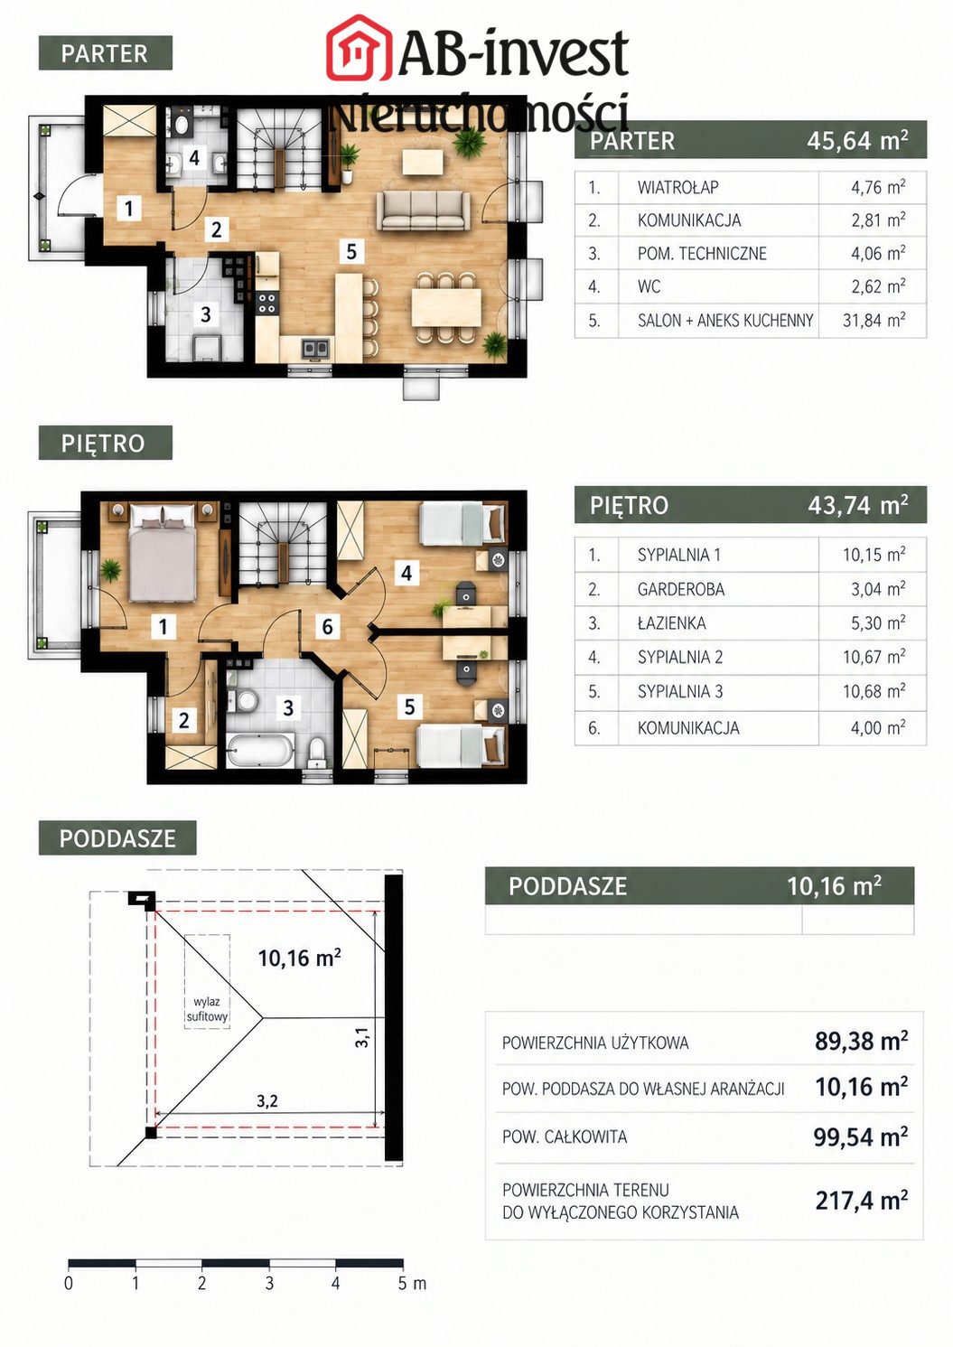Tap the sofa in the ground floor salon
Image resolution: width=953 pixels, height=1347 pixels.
424,210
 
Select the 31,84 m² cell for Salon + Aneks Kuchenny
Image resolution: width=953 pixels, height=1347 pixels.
874,320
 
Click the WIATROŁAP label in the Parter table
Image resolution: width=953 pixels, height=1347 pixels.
677,188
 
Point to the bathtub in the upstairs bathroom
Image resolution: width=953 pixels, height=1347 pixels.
260,749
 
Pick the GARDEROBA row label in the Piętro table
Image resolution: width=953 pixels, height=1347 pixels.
680,589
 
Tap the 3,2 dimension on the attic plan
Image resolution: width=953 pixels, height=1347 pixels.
267,1100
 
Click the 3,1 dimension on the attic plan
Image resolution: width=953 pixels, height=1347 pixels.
362,1037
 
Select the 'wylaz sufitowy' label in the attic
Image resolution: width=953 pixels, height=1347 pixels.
207,1009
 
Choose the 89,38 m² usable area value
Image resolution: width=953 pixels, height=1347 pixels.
861,1041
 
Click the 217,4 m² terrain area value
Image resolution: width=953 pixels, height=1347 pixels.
861,1201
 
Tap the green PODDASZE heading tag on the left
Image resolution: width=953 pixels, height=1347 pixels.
117,837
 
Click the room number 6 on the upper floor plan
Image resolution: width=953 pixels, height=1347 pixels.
327,627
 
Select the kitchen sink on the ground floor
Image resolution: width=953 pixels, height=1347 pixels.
315,348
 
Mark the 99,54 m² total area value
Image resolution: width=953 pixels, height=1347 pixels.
860,1137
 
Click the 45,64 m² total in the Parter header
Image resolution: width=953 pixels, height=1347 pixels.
857,140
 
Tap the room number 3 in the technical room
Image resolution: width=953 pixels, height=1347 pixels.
206,313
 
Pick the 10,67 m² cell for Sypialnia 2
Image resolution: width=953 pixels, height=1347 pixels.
874,657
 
